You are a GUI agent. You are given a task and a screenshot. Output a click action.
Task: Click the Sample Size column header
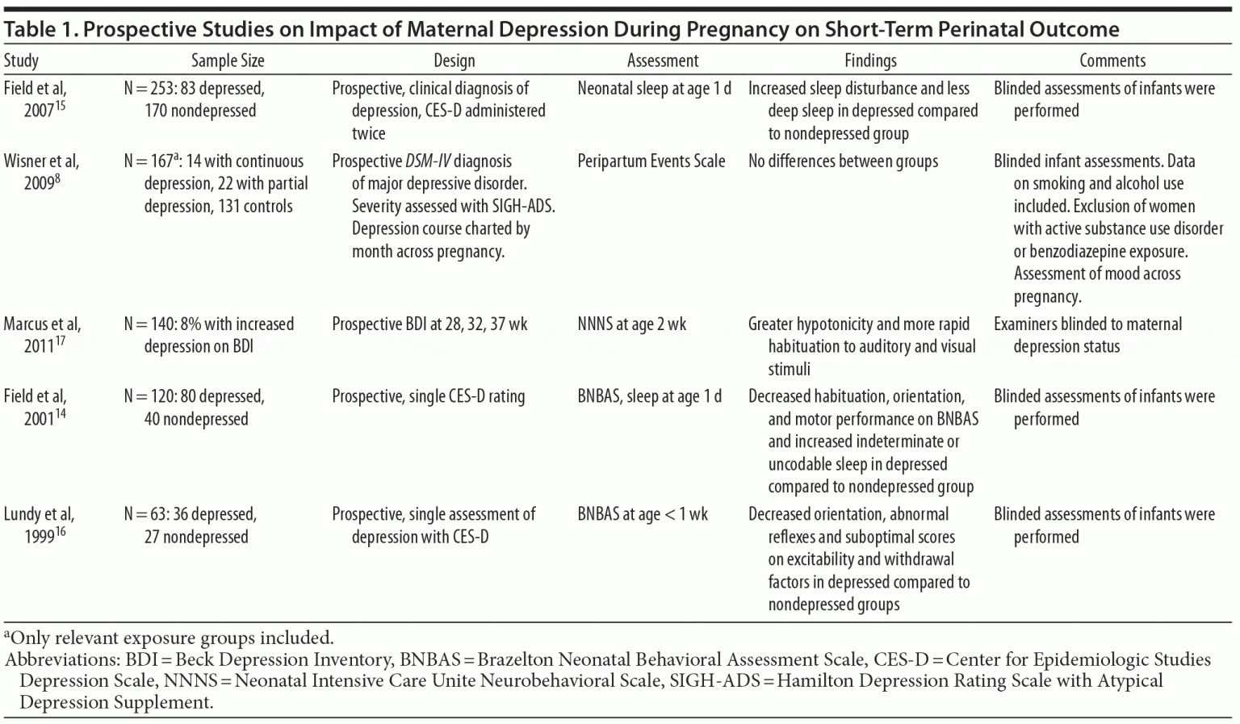(228, 61)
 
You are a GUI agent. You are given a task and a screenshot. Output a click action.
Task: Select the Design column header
(454, 61)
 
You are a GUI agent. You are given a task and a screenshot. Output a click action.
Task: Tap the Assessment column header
(662, 61)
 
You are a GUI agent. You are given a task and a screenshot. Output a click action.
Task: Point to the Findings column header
(870, 61)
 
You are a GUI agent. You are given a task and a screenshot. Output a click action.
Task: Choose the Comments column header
(1112, 61)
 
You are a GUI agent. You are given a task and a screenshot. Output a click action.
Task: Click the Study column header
(21, 61)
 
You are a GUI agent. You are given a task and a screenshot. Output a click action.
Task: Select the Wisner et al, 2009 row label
(41, 172)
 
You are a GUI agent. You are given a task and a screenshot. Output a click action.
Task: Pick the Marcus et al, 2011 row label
(42, 335)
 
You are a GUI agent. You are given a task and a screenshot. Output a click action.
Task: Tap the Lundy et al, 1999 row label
(39, 525)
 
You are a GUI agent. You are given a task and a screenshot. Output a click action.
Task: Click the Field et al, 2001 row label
(36, 408)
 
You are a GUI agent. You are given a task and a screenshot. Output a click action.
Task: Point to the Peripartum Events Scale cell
(651, 161)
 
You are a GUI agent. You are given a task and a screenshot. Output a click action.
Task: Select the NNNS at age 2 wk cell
(631, 324)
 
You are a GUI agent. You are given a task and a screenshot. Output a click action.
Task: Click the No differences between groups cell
(843, 161)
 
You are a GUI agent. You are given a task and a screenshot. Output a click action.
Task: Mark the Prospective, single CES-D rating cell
(428, 397)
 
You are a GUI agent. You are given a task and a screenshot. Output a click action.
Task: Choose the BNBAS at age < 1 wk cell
(642, 515)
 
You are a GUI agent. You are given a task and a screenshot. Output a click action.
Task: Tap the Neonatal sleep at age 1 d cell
(654, 89)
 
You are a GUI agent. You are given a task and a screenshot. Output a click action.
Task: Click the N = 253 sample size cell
(194, 99)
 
